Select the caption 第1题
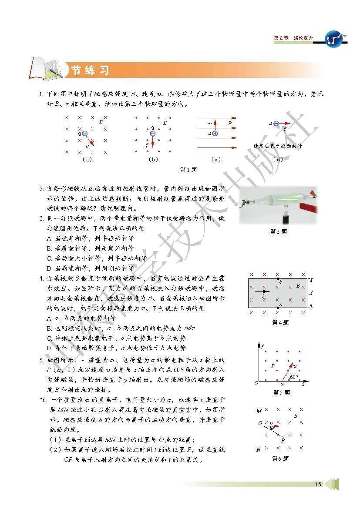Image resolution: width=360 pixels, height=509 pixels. click(189, 169)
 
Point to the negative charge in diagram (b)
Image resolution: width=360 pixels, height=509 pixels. click(153, 134)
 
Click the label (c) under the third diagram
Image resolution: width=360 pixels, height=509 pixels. click(215, 159)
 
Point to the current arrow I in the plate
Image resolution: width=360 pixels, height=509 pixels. click(262, 292)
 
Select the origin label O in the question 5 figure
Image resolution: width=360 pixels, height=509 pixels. click(256, 384)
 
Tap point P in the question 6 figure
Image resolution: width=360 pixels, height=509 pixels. click(283, 440)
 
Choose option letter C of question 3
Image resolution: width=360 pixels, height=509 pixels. click(49, 258)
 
